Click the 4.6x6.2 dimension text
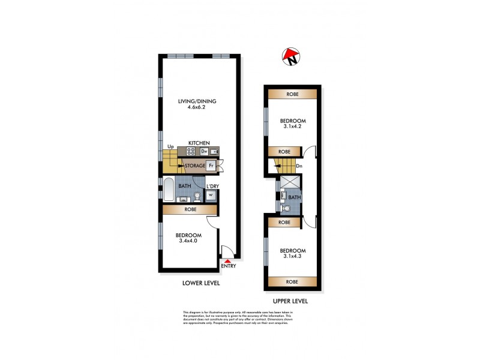(196, 109)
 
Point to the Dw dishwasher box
(204, 151)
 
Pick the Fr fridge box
(211, 165)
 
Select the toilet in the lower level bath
(197, 195)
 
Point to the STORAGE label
(195, 165)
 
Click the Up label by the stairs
(170, 146)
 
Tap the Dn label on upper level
(299, 165)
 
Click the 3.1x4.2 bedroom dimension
(292, 126)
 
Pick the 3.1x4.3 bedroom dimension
(292, 257)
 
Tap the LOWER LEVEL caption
(200, 283)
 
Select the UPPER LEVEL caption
(290, 300)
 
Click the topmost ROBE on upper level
(292, 94)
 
